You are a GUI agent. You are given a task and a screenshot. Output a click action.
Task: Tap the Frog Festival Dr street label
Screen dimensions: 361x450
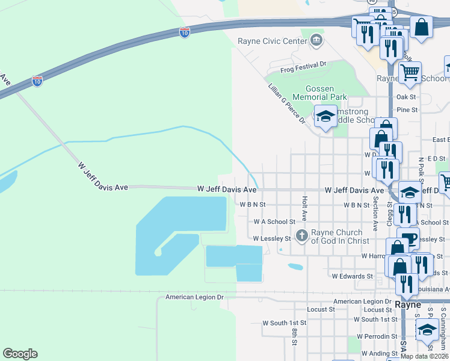[x=307, y=63]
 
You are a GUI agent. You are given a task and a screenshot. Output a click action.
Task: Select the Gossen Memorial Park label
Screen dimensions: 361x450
[x=319, y=92]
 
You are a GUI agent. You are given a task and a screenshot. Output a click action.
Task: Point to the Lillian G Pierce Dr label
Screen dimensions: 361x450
[x=287, y=103]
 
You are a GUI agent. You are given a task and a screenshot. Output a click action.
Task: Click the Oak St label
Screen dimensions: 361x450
[x=406, y=96]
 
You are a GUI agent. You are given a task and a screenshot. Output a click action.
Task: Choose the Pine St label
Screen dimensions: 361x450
[x=407, y=110]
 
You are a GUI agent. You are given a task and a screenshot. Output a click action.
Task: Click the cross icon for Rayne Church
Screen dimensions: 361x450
[x=301, y=235]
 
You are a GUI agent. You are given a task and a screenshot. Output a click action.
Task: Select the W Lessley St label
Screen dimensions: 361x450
[x=271, y=238]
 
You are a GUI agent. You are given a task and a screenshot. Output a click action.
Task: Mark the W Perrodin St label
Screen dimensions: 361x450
[x=376, y=336]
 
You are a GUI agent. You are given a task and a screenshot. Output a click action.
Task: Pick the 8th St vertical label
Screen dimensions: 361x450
[x=295, y=336]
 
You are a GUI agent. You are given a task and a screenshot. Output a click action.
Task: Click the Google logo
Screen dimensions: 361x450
[x=20, y=353]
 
